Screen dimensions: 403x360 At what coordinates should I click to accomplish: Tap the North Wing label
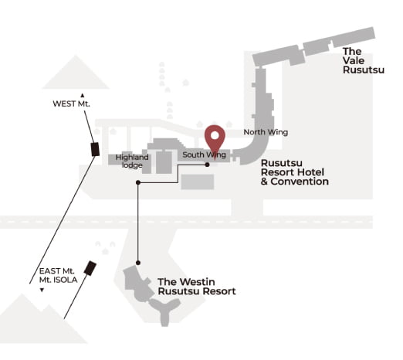coord(266,132)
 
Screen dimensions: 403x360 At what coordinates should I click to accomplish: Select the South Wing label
coord(204,155)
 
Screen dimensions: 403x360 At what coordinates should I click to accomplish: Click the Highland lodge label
coord(132,161)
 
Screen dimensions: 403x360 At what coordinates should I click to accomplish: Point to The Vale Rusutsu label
coord(364,60)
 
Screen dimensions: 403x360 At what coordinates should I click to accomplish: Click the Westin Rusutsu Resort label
coord(197,287)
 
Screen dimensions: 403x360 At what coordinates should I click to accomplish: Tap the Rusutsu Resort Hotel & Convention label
coord(295,172)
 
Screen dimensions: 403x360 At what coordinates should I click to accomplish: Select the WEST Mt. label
coord(71,104)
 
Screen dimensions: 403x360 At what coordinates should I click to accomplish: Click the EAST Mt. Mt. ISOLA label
coord(58,275)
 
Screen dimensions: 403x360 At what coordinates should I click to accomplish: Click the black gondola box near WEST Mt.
coord(95,149)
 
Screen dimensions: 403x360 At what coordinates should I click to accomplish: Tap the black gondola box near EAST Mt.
coord(90,268)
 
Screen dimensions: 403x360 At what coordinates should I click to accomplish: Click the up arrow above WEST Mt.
coord(83,96)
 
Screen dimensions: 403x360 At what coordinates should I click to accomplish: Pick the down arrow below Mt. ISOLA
coord(42,290)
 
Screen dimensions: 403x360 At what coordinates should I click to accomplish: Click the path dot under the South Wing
coord(208,165)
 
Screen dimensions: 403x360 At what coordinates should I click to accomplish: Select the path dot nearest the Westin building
coord(138,263)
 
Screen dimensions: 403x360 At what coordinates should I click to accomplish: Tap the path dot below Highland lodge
coord(138,182)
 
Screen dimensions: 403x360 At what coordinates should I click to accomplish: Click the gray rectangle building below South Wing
coord(198,182)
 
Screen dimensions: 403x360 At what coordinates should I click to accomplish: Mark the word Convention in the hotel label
coord(300,182)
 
